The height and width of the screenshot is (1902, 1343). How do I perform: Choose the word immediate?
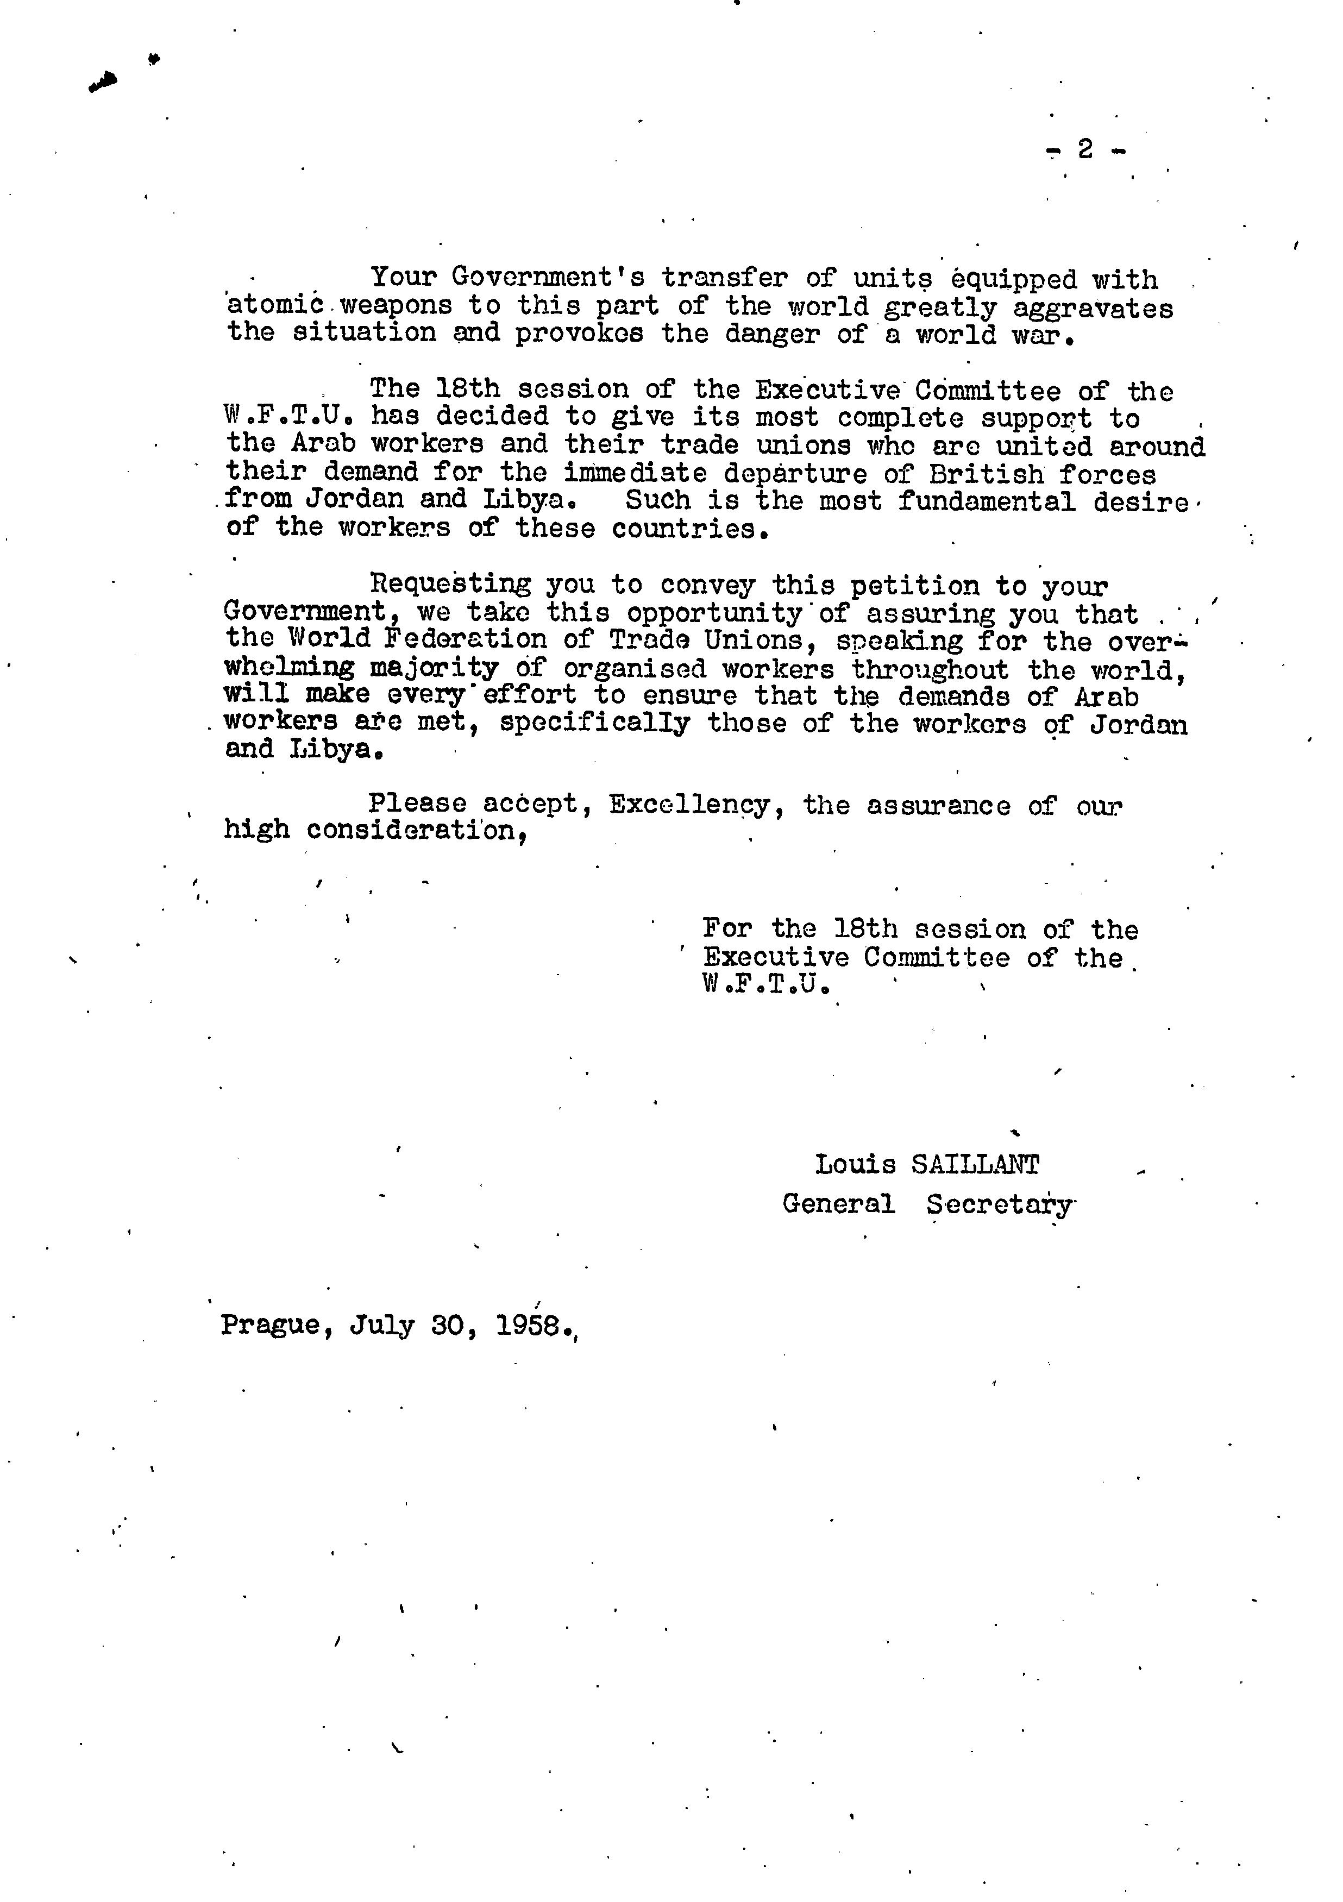[x=636, y=473]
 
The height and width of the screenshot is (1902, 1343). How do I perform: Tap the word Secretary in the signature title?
[x=999, y=1204]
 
